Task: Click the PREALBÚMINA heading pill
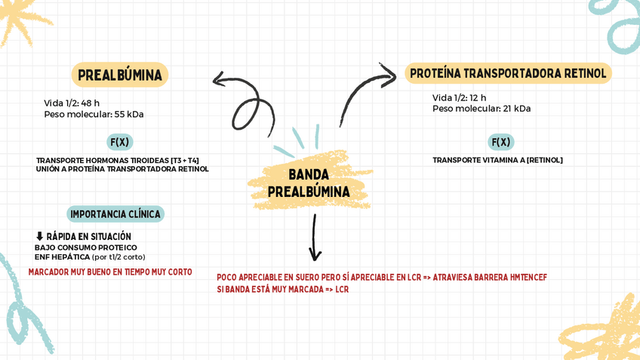[119, 75]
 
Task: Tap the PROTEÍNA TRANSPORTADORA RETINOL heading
[508, 73]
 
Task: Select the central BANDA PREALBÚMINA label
[309, 183]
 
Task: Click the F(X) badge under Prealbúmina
[119, 142]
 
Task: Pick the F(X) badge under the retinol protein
[501, 142]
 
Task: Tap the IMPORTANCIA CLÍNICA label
[115, 214]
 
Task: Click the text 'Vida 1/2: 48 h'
[72, 103]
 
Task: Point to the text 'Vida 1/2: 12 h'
[459, 98]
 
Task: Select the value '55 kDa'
[129, 115]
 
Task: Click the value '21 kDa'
[517, 109]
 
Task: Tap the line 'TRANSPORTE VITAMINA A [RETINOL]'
[497, 160]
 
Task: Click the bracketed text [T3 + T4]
[185, 160]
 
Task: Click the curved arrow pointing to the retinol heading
[363, 91]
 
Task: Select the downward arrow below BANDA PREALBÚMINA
[315, 238]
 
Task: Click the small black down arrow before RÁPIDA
[39, 237]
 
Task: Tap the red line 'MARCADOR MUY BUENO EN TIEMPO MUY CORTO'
[110, 272]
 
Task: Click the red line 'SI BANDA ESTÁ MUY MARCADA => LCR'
[282, 289]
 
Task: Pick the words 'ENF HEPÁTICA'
[62, 257]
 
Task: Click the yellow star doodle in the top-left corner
[23, 19]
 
